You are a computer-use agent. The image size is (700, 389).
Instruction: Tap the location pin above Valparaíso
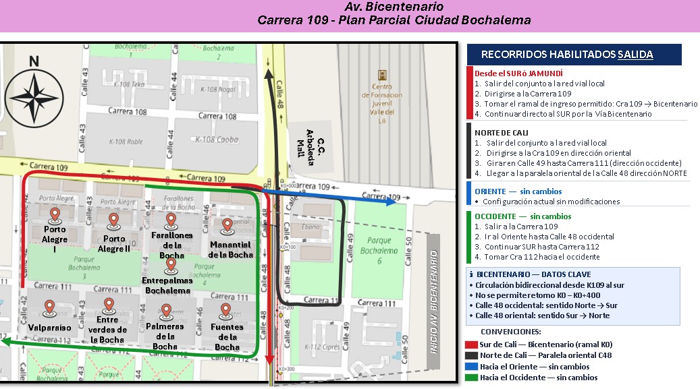pos(49,308)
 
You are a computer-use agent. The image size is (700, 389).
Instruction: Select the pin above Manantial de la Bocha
pos(227,225)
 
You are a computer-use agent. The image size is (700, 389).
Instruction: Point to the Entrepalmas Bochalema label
pos(171,285)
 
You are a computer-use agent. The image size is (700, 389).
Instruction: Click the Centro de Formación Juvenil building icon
pos(383,74)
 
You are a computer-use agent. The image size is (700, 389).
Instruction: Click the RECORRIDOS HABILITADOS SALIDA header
pos(567,55)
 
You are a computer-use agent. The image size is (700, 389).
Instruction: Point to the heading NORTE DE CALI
pos(502,133)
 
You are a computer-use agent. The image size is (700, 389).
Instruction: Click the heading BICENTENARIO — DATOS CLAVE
pos(533,274)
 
